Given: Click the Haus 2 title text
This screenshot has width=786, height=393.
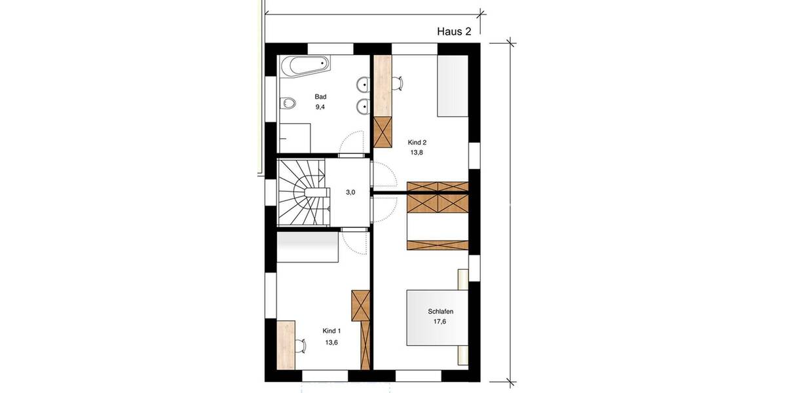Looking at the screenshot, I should click(454, 31).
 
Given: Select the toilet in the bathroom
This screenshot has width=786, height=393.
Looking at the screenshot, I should click(287, 103).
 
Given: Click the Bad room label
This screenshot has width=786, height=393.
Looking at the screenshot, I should click(320, 96).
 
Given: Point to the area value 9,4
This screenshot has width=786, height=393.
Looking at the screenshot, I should click(320, 107).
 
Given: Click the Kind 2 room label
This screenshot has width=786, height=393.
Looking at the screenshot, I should click(417, 142).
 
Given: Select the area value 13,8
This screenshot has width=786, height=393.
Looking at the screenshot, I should click(417, 153).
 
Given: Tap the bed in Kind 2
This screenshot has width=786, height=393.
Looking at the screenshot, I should click(453, 86).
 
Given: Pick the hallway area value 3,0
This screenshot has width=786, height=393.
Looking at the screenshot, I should click(351, 193).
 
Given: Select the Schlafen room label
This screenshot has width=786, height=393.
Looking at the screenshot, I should click(441, 312).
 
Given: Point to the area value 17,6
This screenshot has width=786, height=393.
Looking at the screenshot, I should click(440, 322).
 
